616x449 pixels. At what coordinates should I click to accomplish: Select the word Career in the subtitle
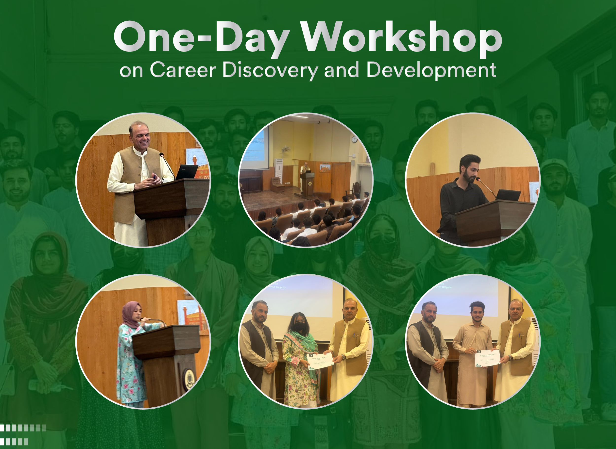[183, 70]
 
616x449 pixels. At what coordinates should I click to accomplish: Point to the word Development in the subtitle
[431, 70]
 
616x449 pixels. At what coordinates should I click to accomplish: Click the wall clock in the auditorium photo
[354, 139]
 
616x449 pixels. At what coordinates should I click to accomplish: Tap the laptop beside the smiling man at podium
[187, 172]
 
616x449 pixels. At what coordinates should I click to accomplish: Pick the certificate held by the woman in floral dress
[320, 361]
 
